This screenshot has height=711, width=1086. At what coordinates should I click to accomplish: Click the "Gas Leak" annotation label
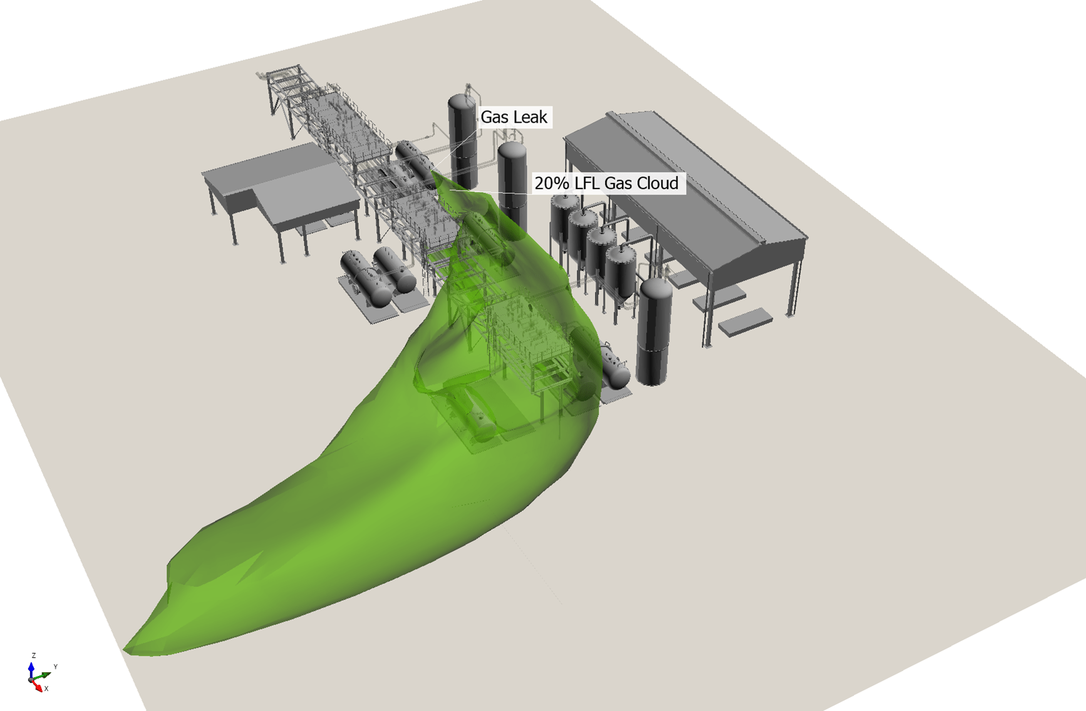514,117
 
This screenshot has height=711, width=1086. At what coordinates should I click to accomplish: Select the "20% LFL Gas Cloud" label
606,183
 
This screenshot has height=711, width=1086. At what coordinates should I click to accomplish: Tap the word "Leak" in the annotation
531,117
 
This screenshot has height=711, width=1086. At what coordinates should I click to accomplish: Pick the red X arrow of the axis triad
38,686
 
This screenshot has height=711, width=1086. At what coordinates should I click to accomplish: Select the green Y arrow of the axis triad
43,676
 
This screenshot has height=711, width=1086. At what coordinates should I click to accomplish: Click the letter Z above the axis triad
34,655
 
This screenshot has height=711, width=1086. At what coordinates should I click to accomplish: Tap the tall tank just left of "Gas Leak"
463,141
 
